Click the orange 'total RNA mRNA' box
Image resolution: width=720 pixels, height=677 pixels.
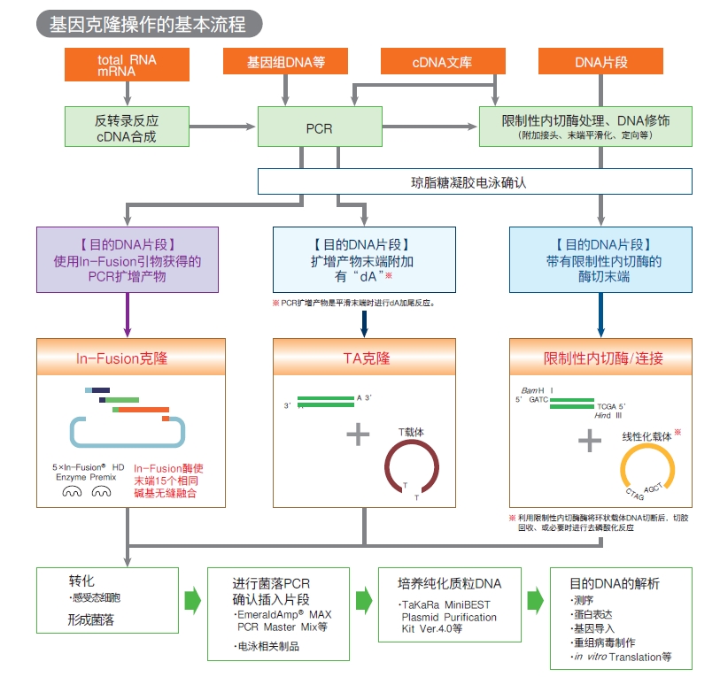coord(127,65)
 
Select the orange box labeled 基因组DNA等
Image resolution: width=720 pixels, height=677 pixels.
coord(285,61)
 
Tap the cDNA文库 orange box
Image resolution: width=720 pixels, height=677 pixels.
coord(443,61)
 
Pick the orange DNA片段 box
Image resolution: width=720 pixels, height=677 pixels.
coord(600,61)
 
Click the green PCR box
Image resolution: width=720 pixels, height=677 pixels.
coord(320,127)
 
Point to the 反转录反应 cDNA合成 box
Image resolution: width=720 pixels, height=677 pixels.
coord(127,127)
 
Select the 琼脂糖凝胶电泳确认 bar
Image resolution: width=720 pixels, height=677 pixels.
coord(475,181)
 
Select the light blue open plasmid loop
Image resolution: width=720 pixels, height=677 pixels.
coord(128,445)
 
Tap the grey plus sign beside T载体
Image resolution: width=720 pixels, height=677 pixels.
coord(358,435)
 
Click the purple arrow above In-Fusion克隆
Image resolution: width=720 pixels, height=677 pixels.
coord(128,315)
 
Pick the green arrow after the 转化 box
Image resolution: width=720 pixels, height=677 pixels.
coord(193,600)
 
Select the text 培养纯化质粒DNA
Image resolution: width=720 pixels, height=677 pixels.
coord(450,583)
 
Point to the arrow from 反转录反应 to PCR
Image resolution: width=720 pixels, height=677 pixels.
coord(222,127)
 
